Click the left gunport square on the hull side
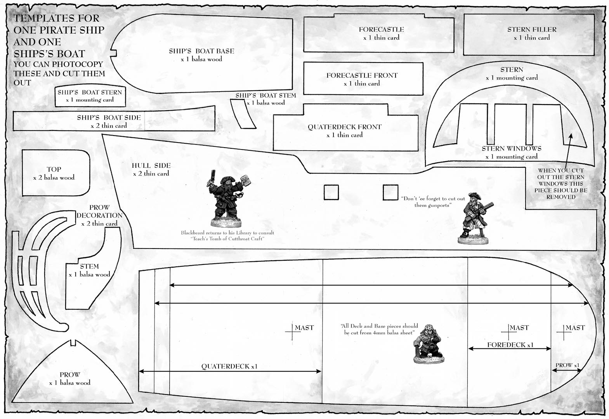(x=331, y=192)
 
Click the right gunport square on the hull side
(x=390, y=192)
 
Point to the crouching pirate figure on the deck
(x=429, y=344)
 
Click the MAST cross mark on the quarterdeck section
(x=293, y=332)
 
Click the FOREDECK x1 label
(x=510, y=345)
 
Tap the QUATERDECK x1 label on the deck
(x=229, y=366)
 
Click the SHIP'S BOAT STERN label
(x=90, y=92)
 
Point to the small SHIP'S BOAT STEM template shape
(x=243, y=113)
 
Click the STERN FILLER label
(x=532, y=30)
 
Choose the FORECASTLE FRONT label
(x=362, y=75)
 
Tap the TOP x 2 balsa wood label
(x=54, y=173)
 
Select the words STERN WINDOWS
(x=512, y=149)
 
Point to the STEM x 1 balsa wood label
(x=89, y=270)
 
